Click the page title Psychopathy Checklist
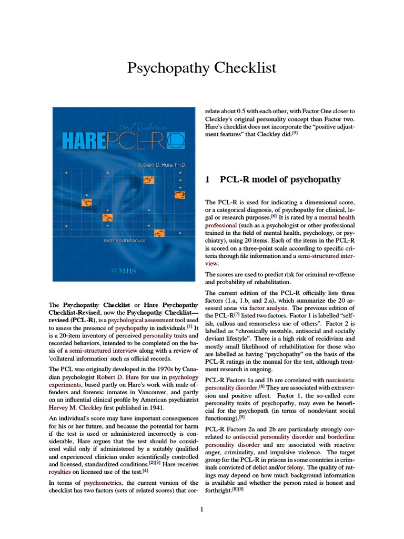202,68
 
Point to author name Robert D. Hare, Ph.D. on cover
162,165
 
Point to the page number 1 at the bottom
201,509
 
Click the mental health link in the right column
337,217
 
